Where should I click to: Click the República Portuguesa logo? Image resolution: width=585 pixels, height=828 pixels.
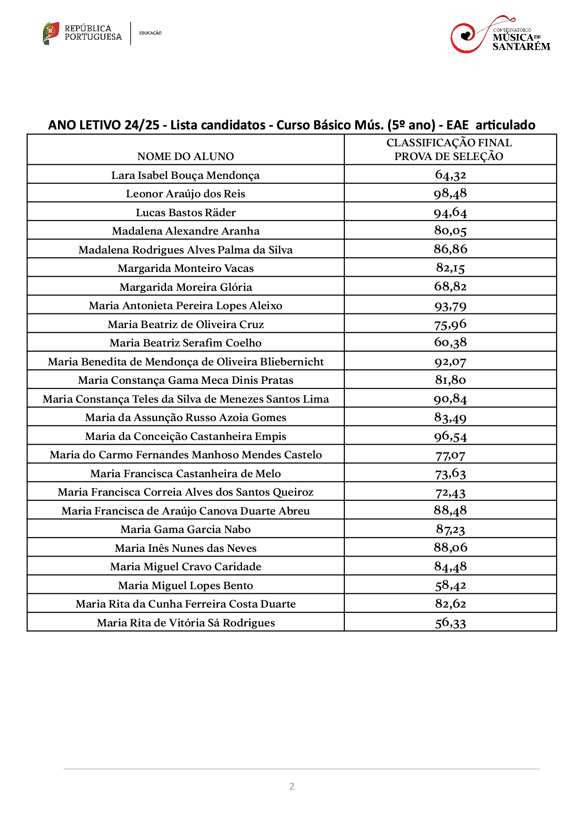(83, 33)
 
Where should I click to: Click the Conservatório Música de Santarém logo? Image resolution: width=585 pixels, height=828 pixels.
(500, 35)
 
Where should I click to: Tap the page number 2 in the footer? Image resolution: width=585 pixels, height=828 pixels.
(292, 786)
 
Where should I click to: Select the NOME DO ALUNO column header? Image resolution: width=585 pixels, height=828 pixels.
(185, 156)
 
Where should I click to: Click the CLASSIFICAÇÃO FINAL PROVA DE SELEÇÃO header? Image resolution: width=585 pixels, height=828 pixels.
(449, 149)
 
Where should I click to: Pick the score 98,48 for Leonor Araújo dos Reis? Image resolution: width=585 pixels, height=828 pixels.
(450, 193)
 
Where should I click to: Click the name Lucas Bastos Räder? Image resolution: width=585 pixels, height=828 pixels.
(185, 212)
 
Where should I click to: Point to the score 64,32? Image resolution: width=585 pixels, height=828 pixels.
(450, 175)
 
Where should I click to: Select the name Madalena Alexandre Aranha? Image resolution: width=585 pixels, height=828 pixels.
(185, 231)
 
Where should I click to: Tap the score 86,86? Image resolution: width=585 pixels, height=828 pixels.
(450, 249)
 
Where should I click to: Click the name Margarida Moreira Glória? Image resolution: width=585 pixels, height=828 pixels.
(185, 287)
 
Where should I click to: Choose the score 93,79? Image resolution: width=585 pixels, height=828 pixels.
(450, 305)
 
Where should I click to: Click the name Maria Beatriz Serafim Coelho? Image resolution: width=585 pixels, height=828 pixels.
(185, 343)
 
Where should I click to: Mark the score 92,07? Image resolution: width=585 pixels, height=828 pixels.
(450, 362)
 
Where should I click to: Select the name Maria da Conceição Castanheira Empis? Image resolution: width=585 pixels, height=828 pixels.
(185, 436)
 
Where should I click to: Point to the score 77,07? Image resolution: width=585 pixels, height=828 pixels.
(450, 455)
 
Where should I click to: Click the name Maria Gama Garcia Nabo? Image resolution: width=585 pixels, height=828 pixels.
(185, 529)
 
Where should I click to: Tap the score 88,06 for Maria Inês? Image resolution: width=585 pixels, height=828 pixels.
(450, 548)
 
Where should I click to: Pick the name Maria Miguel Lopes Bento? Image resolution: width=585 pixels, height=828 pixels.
(185, 585)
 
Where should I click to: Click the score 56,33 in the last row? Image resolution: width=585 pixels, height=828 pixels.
(450, 623)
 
